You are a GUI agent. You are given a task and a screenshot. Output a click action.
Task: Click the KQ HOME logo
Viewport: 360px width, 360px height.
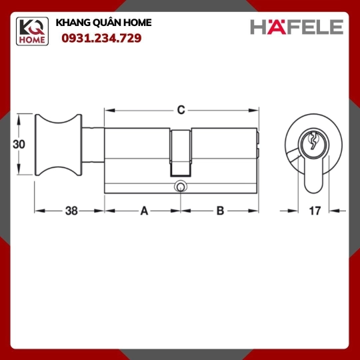pos(32,31)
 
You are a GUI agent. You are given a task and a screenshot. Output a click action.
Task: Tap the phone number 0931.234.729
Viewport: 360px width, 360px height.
pos(101,39)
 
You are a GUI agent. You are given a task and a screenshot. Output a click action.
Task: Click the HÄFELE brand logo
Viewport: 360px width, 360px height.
pos(297,27)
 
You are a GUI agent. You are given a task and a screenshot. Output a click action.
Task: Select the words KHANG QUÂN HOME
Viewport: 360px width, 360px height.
pos(104,23)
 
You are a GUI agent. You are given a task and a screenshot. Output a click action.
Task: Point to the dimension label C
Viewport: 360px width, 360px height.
pos(181,110)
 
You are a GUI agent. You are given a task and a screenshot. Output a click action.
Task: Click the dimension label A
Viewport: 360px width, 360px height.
pos(144,211)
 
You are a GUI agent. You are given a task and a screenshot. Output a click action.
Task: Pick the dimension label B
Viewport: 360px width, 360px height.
pos(220,211)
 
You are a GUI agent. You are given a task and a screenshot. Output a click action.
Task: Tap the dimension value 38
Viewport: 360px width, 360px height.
pos(71,211)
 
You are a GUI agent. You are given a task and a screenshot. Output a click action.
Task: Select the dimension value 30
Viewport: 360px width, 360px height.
pos(19,145)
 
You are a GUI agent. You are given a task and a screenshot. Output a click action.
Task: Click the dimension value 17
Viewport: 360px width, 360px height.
pos(315,211)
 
